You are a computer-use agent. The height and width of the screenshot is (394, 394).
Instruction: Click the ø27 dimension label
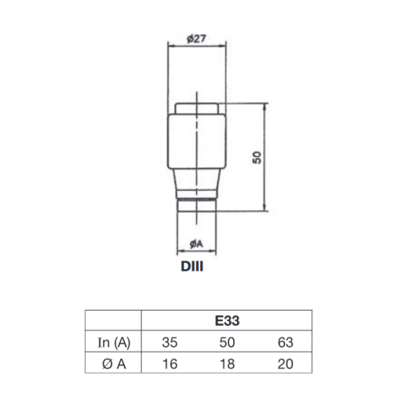(196, 39)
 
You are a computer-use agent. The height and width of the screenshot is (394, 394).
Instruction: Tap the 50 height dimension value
(257, 158)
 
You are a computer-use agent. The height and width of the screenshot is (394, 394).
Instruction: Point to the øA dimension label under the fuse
(196, 243)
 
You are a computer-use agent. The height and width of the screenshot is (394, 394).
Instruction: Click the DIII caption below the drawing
(192, 267)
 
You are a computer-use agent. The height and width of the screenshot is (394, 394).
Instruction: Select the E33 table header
(227, 320)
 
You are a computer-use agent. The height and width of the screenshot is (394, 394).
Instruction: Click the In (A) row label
(114, 343)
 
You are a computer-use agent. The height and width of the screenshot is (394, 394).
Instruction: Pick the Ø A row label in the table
(114, 364)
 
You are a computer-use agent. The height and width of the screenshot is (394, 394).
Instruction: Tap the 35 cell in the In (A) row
(170, 343)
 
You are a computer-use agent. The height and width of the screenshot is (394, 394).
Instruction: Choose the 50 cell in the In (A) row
(227, 343)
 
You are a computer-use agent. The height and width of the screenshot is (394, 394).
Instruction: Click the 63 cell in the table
(285, 343)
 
